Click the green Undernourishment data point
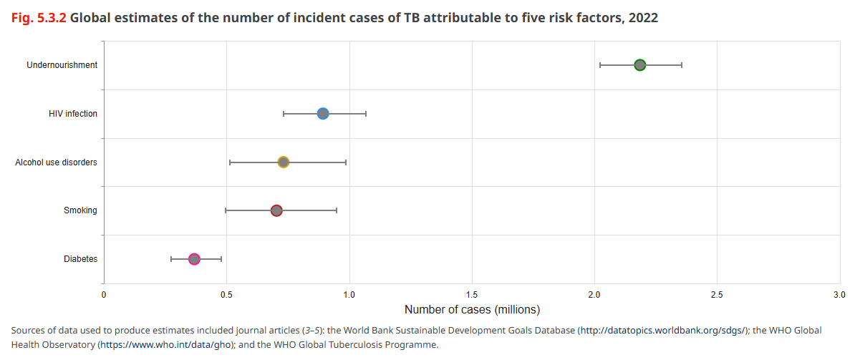pos(639,65)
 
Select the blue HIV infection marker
pos(323,114)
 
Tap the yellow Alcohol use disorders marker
pos(284,162)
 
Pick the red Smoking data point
pos(276,210)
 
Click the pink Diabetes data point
pos(194,259)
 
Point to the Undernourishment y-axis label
pos(62,65)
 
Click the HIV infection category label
pos(73,114)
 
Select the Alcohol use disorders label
pos(56,162)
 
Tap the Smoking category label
pos(80,210)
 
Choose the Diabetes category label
pos(80,259)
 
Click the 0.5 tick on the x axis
pos(226,294)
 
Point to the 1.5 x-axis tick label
pos(472,294)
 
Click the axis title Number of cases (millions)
pos(472,310)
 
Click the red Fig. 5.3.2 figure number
pos(39,18)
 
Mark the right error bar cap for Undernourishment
pos(682,65)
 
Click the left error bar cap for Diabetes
pos(171,259)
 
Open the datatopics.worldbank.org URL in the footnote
pos(662,330)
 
